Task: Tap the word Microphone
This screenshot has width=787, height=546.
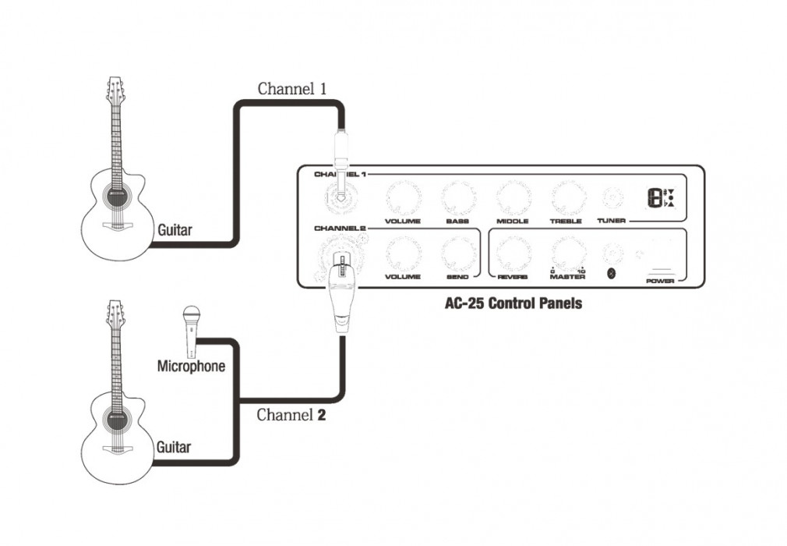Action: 191,366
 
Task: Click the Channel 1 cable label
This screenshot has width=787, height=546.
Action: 291,88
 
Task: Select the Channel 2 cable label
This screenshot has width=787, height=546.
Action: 291,415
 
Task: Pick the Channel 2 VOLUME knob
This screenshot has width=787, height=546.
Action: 402,253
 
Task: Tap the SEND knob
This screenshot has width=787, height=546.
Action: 457,253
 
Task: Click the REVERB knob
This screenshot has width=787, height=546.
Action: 512,253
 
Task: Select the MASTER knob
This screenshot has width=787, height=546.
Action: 566,253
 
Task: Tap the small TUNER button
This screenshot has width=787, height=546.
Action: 612,198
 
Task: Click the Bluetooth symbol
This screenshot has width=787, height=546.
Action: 612,273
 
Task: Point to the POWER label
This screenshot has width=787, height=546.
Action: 659,281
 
